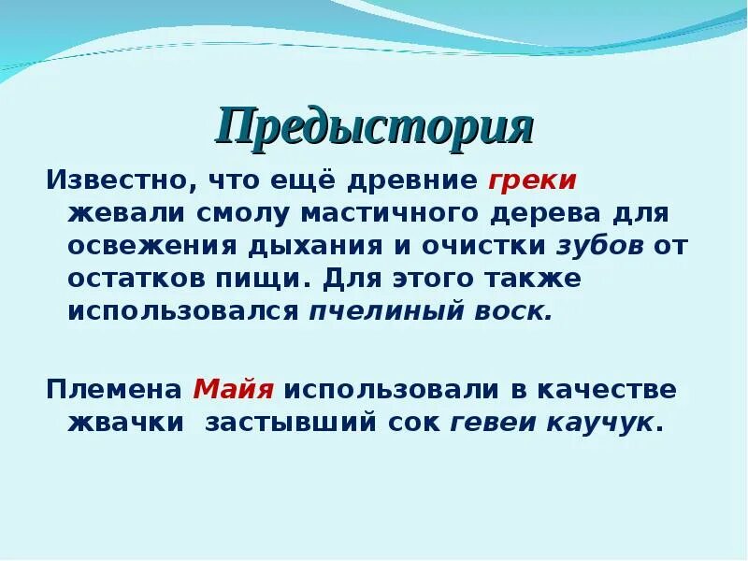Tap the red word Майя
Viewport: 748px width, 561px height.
tap(226, 389)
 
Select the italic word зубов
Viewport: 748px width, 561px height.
tap(600, 246)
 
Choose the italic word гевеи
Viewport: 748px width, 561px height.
tap(486, 422)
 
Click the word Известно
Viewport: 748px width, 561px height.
tap(104, 180)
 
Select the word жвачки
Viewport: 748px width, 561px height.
tap(124, 422)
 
